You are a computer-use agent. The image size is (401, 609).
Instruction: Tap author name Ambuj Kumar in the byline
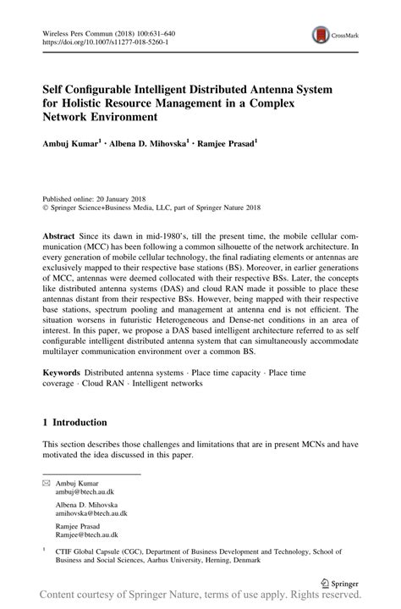tap(70, 145)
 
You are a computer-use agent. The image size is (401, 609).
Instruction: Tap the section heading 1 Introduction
tap(75, 422)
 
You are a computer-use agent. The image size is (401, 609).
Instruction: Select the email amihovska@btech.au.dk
tap(91, 513)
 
